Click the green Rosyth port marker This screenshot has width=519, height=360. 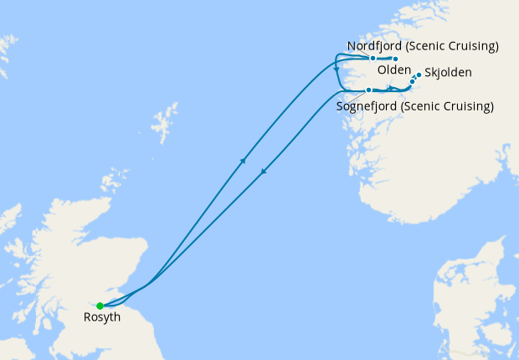(x=100, y=306)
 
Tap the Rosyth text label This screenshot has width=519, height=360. (x=101, y=318)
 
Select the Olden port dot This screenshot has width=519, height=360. (x=396, y=59)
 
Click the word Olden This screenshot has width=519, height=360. (x=393, y=72)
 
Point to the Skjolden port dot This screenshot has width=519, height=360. (x=419, y=75)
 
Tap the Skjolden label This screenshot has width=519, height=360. (x=448, y=73)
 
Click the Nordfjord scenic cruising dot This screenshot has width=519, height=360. (x=373, y=59)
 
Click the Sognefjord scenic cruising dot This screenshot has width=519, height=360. (x=368, y=90)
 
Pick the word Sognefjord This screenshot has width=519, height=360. (x=366, y=106)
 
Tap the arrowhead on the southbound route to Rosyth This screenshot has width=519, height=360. (x=264, y=172)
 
